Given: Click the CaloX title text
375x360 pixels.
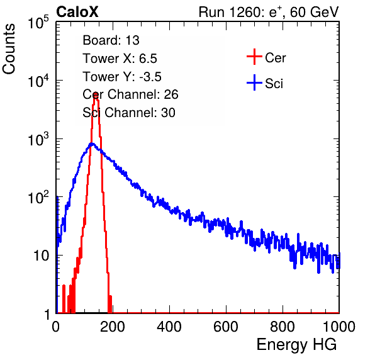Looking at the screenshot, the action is [x=77, y=12].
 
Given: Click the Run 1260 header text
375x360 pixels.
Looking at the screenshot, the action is [x=269, y=12].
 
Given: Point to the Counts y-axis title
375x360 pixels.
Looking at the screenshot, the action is [x=9, y=49].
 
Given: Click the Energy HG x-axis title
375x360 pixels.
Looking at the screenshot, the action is [x=296, y=345].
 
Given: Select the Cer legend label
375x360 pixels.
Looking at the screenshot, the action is [x=275, y=58].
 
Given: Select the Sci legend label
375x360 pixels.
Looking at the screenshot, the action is [x=274, y=84].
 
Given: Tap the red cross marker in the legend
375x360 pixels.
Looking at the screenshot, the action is [x=254, y=57].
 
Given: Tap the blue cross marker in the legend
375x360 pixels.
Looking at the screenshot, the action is [x=254, y=82].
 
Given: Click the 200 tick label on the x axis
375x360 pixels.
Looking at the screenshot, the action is [x=113, y=327].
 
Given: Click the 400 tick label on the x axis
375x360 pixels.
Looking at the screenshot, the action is [x=169, y=327].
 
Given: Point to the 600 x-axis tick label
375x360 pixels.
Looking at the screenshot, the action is [x=226, y=327].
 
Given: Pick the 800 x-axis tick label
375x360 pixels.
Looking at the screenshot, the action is [x=283, y=327].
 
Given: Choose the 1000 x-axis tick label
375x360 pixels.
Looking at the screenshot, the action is [x=339, y=327].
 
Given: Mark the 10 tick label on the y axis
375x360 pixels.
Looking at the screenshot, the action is [x=41, y=256].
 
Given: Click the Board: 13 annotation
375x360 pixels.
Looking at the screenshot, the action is [x=111, y=40].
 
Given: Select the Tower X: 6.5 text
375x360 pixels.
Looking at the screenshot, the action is [x=120, y=59].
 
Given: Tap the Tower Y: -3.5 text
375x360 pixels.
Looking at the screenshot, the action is [x=122, y=77].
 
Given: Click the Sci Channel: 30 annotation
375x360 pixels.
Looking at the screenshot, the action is [x=129, y=113].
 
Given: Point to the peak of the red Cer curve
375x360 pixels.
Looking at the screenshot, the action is [x=96, y=93].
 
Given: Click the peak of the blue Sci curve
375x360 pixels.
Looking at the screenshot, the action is [x=92, y=143].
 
